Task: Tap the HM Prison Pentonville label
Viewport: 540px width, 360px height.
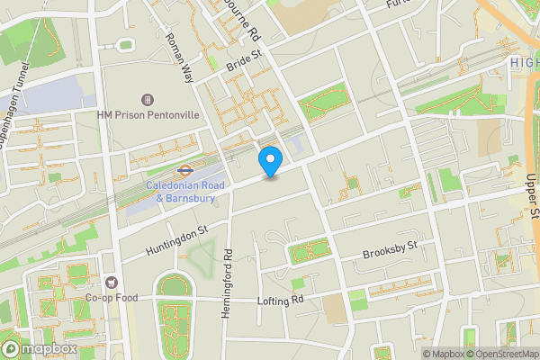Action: tap(148, 116)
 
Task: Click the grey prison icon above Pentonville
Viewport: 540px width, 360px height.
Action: tap(148, 99)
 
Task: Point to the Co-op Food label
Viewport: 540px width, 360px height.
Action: tap(111, 298)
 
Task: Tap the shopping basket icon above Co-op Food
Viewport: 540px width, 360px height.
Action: tap(112, 282)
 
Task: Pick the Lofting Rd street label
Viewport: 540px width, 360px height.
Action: tap(281, 301)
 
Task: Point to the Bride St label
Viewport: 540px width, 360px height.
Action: tap(243, 60)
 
